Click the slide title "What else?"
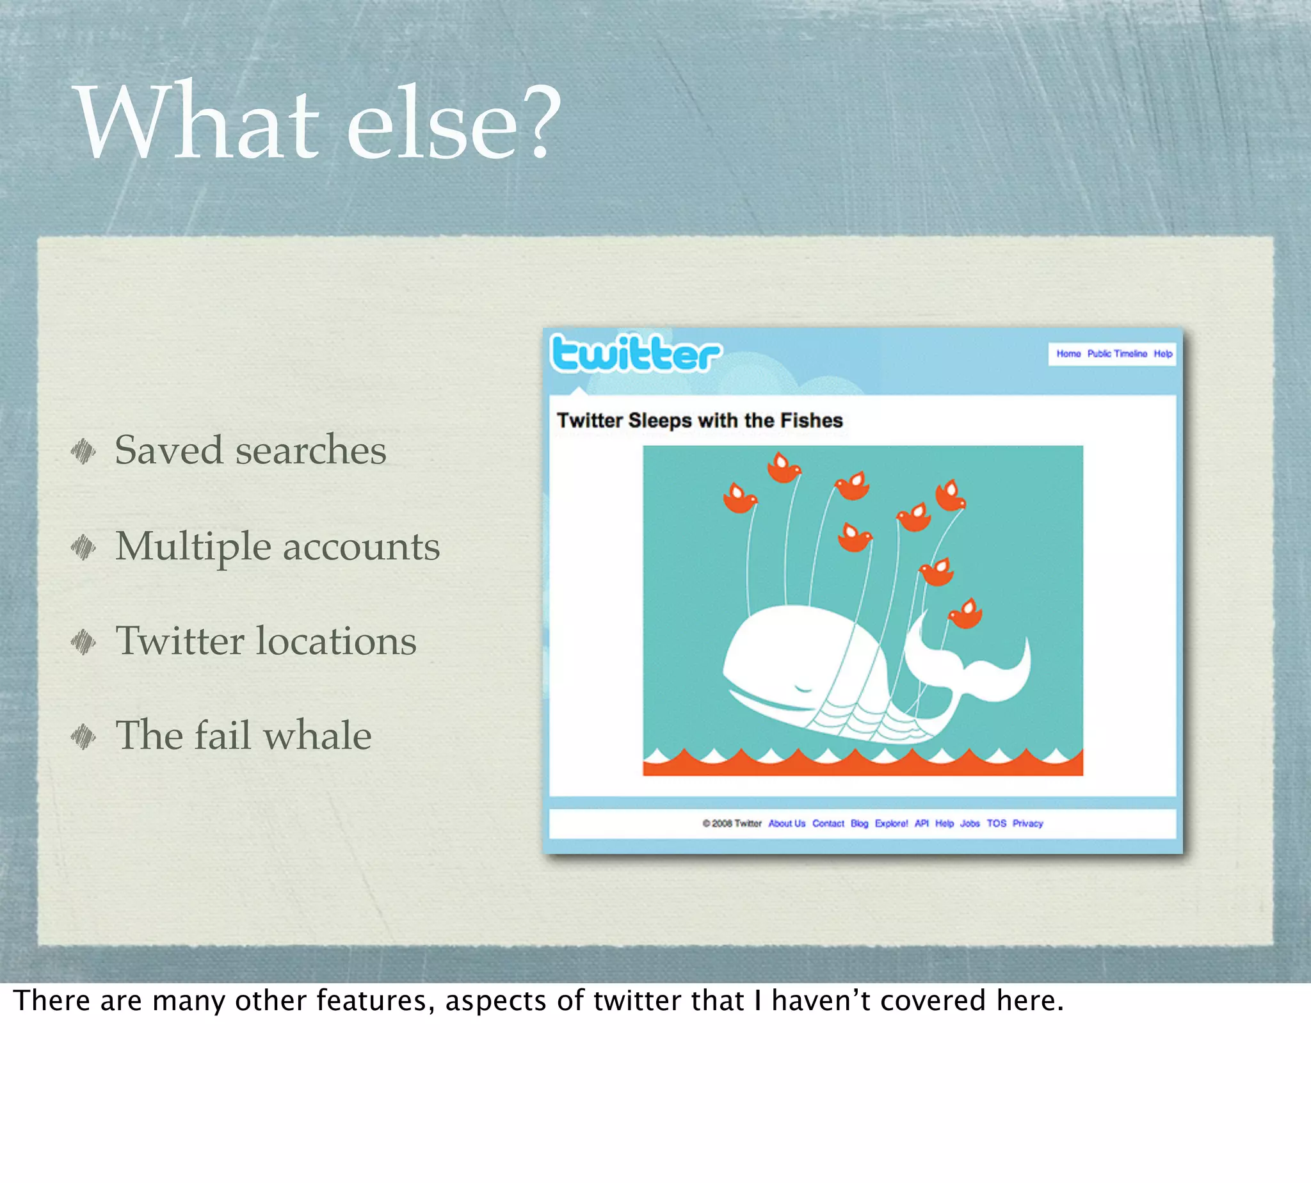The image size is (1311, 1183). coord(319,122)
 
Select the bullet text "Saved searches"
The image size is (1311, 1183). coord(250,450)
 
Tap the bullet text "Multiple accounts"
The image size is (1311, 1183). coord(278,546)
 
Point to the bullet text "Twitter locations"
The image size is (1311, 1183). coord(266,641)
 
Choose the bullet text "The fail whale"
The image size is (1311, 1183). coord(243,736)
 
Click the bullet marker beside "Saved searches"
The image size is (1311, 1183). coord(83,451)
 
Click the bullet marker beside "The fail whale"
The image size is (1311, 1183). coord(83,737)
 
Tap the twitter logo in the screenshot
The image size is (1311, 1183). coord(635,354)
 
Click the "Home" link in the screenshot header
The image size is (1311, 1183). coord(1068,354)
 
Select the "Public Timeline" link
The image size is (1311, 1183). coord(1116,354)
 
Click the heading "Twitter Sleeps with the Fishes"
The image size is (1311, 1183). coord(700,421)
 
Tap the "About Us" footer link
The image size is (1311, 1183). coord(787,823)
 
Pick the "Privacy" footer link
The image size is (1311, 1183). coord(1027,823)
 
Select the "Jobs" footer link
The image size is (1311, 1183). coord(970,823)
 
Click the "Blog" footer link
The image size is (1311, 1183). coord(859,823)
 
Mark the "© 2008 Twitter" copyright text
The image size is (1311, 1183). coord(732,823)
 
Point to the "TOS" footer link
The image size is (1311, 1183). coord(997,823)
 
